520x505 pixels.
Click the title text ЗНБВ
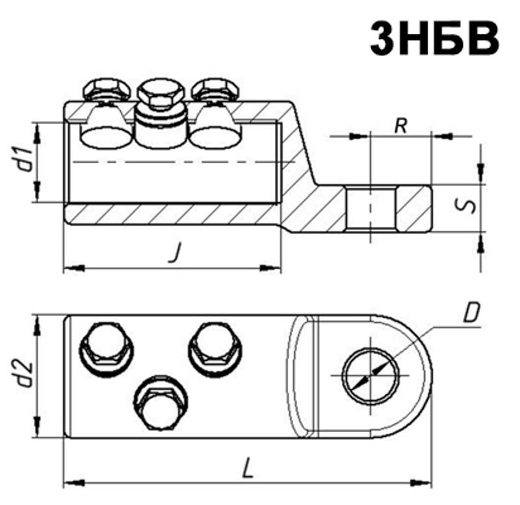pos(434,38)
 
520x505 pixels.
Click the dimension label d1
pos(26,160)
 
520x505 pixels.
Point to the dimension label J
pos(175,252)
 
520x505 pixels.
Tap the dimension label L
pos(248,467)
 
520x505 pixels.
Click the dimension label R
pos(401,125)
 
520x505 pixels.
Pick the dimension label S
pos(465,206)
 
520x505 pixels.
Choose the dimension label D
pos(471,313)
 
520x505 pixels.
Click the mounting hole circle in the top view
pos(370,376)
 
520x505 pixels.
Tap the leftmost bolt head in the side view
pos(107,89)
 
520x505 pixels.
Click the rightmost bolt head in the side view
pos(215,89)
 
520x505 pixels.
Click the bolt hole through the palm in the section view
pos(370,208)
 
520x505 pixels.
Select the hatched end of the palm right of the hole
pos(414,208)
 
